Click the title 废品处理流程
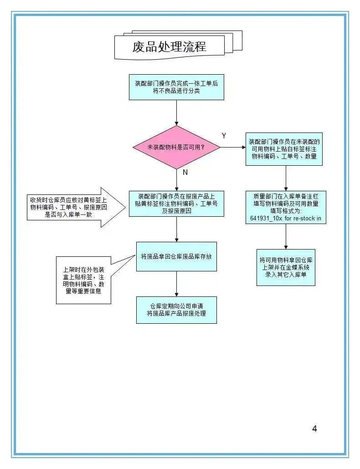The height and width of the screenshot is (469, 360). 170,46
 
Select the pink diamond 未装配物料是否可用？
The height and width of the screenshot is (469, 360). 176,147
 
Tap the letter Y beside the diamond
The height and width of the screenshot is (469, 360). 224,136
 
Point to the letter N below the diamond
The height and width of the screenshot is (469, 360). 185,172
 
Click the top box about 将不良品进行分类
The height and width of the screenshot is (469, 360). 176,87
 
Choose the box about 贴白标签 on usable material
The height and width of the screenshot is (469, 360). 284,149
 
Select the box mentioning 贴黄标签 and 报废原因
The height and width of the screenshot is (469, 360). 176,204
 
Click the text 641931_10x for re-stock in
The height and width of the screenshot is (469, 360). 285,219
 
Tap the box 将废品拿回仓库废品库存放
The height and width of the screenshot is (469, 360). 176,257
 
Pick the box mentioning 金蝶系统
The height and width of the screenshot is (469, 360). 286,267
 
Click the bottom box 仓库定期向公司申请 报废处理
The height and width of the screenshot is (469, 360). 176,310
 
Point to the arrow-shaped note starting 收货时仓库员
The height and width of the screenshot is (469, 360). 76,207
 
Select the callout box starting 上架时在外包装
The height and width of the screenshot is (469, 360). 83,280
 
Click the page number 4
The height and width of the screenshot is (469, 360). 314,428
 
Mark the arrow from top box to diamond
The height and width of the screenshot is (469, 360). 176,113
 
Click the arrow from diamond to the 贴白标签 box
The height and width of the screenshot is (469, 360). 233,147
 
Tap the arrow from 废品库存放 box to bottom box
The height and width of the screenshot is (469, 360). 176,284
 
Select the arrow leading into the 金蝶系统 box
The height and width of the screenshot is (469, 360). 286,237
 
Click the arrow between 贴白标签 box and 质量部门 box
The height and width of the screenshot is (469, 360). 286,178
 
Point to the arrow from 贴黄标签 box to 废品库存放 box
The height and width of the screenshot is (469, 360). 176,229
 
